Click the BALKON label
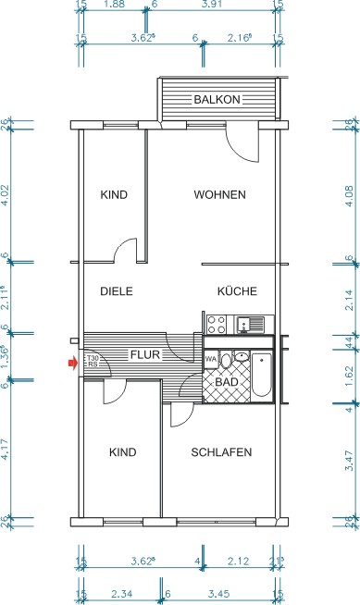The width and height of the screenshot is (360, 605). coord(217,99)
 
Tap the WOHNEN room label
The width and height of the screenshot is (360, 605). coord(219,195)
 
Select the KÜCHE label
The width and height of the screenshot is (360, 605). coord(237,290)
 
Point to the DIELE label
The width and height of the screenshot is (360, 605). coord(117,290)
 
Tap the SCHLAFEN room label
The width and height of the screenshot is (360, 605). coord(221,452)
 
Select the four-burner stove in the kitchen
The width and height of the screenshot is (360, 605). coord(217,324)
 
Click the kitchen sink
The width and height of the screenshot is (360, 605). coord(251,324)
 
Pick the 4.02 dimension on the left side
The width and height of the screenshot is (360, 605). coord(8,195)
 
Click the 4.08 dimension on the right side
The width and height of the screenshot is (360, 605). coord(351,195)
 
